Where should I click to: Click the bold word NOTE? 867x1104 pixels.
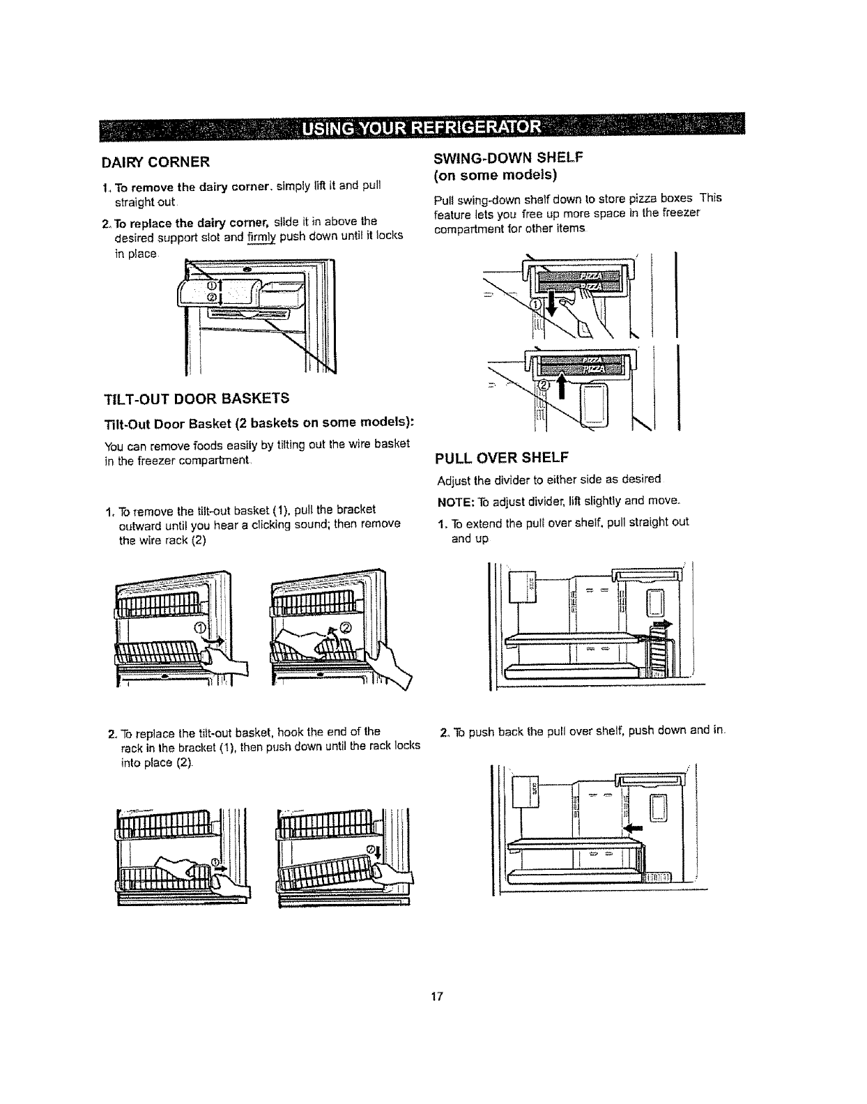(x=455, y=501)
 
